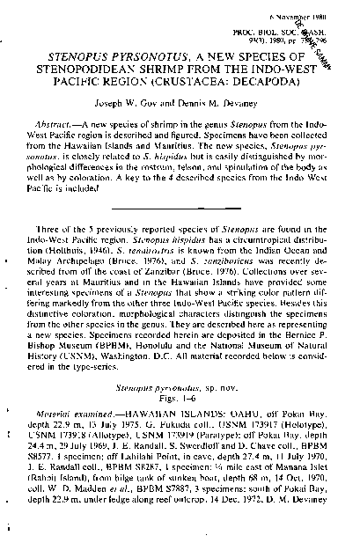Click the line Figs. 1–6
179,398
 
